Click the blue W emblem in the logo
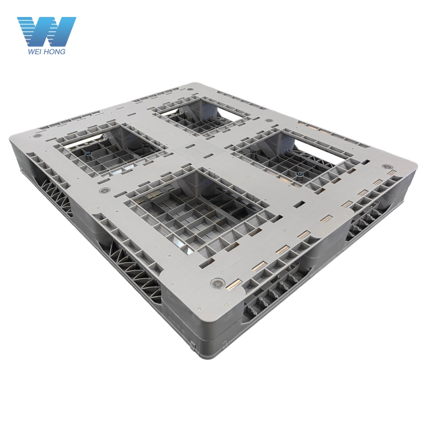[47, 31]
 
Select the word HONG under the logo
[55, 52]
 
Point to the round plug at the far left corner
[37, 136]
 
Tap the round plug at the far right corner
[387, 167]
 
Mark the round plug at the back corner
[190, 89]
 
